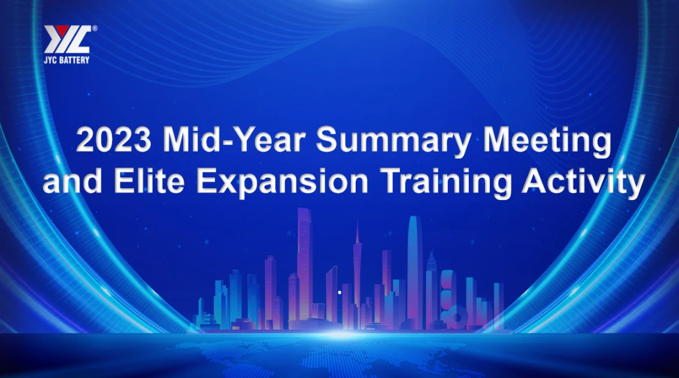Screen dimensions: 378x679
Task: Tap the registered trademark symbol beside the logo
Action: [95, 28]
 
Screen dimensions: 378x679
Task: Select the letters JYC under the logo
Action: [51, 60]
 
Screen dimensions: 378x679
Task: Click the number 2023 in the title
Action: [114, 141]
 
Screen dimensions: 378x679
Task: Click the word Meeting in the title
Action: [547, 141]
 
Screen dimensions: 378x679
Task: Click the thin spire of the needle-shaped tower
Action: [357, 231]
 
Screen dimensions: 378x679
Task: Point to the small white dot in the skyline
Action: [340, 292]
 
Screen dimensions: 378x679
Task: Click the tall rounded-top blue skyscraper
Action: [414, 264]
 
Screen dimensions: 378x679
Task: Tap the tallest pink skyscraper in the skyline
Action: [305, 258]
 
